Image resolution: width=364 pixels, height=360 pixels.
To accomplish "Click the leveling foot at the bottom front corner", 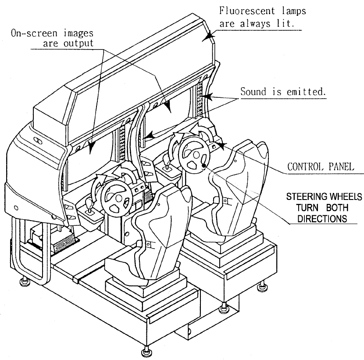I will [x=145, y=352].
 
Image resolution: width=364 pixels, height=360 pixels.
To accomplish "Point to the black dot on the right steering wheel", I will [x=204, y=165].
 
